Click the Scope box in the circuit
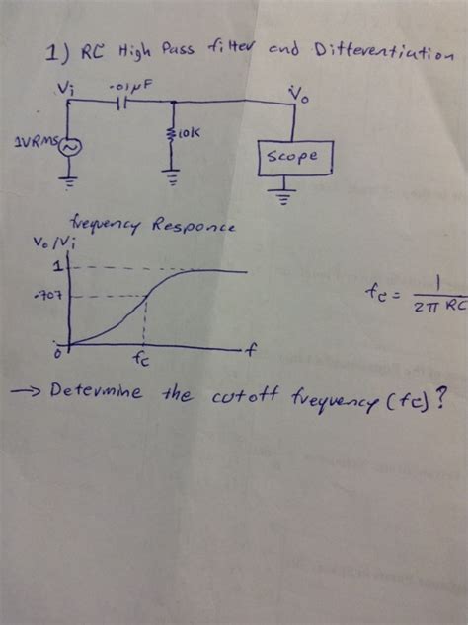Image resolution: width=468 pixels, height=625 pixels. pos(295,157)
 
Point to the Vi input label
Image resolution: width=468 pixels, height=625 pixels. pos(65,87)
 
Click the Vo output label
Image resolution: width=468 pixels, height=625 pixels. pos(296,94)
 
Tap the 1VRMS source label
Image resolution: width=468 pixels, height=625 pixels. pos(34,142)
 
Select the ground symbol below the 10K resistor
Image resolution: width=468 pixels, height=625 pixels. pos(173,178)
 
